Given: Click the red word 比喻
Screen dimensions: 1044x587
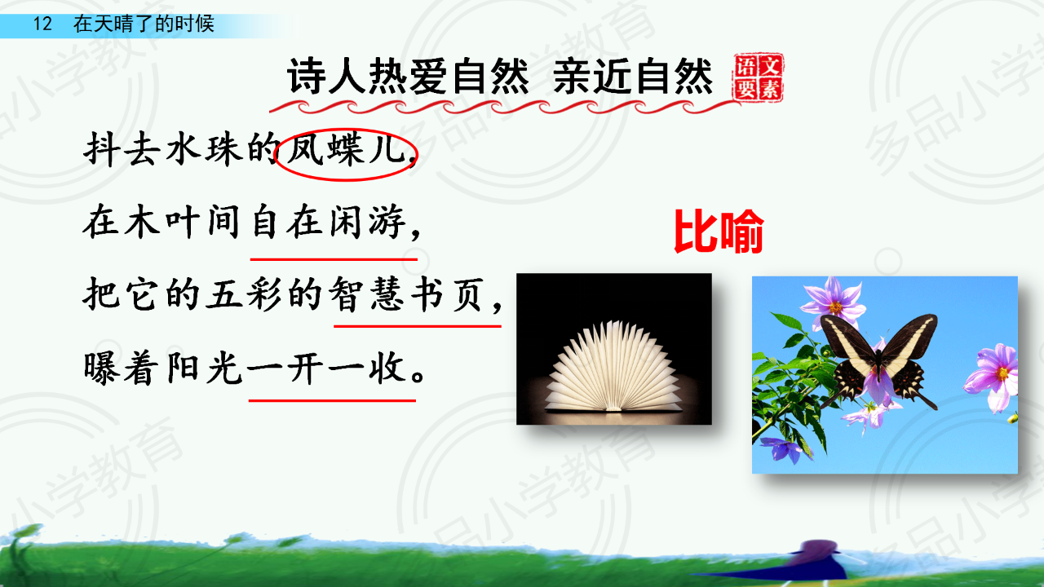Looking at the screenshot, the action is tap(719, 231).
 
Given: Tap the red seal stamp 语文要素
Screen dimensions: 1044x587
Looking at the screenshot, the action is tap(759, 77).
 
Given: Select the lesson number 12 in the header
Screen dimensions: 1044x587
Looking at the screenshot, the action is tap(42, 24).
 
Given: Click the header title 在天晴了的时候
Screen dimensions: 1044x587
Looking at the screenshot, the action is tap(144, 24).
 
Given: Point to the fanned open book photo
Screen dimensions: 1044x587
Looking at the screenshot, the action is tap(614, 349).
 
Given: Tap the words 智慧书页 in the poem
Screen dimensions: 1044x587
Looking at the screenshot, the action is tap(405, 294).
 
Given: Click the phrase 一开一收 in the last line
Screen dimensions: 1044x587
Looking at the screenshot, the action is tap(325, 369).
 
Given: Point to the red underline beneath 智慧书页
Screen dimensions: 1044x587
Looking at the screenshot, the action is tap(418, 326).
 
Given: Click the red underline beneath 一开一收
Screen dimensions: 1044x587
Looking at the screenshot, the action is tap(332, 399).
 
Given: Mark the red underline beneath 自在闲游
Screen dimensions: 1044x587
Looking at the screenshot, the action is tap(334, 259).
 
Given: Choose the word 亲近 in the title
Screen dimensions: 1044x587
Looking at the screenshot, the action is tap(592, 77).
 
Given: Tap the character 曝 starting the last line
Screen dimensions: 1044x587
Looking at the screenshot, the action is tap(100, 369).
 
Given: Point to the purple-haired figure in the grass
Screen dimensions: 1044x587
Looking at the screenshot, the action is tap(818, 561).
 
